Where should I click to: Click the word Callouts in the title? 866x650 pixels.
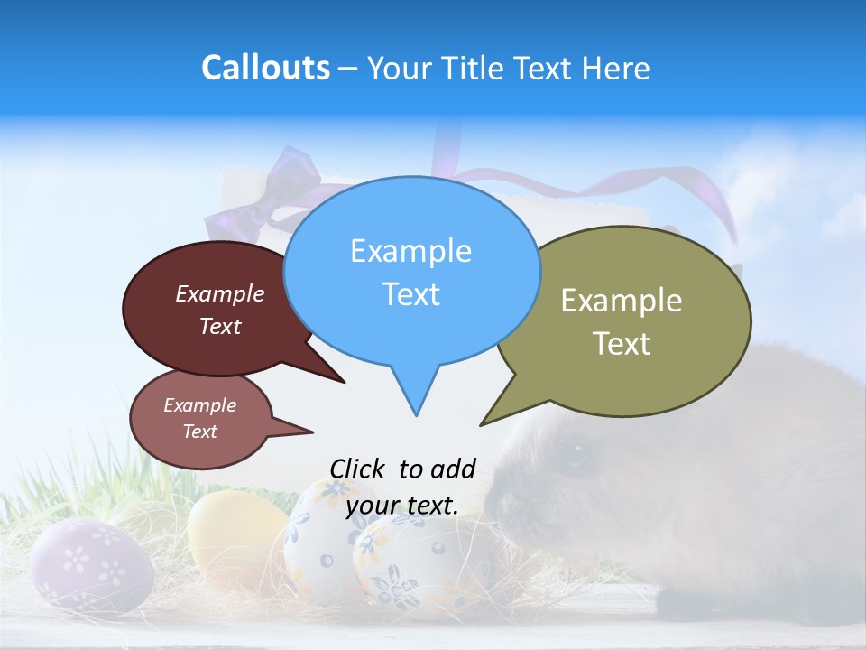(x=265, y=68)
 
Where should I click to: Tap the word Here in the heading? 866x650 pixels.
(x=619, y=69)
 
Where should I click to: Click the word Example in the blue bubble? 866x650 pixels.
(x=410, y=251)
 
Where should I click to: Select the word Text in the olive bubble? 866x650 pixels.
(x=622, y=344)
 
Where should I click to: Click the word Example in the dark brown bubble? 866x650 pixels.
(x=220, y=293)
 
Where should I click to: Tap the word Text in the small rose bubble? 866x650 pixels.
(x=200, y=432)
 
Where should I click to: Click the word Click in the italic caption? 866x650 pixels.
(x=356, y=469)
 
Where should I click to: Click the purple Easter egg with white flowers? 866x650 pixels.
(x=90, y=564)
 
